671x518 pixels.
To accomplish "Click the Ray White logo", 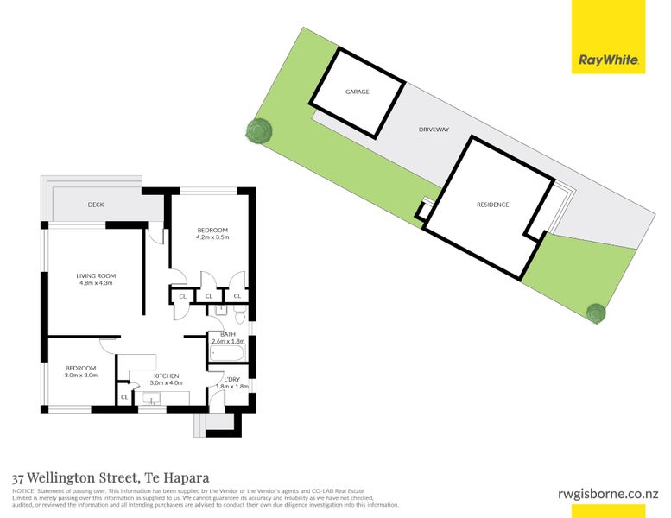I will (x=608, y=60).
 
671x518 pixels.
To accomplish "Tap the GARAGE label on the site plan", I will (x=358, y=91).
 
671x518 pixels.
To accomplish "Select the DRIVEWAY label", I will (x=434, y=129).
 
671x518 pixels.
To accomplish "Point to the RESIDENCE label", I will (x=493, y=205).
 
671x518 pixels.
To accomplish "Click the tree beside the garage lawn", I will (x=259, y=131).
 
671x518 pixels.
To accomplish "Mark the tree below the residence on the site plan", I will (x=595, y=313).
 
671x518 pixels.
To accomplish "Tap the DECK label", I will (x=96, y=205).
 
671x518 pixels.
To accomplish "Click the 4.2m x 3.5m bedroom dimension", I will (x=212, y=237).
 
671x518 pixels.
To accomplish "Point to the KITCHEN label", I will (x=166, y=376).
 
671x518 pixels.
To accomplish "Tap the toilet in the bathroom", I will (x=221, y=310).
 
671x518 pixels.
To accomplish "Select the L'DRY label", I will (x=231, y=380).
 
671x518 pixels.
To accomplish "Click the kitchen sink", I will (x=152, y=398).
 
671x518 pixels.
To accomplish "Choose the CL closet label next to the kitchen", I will (x=124, y=397).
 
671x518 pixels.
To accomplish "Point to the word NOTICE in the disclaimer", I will (x=22, y=490).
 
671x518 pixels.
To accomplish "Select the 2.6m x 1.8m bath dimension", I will (x=229, y=342).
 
